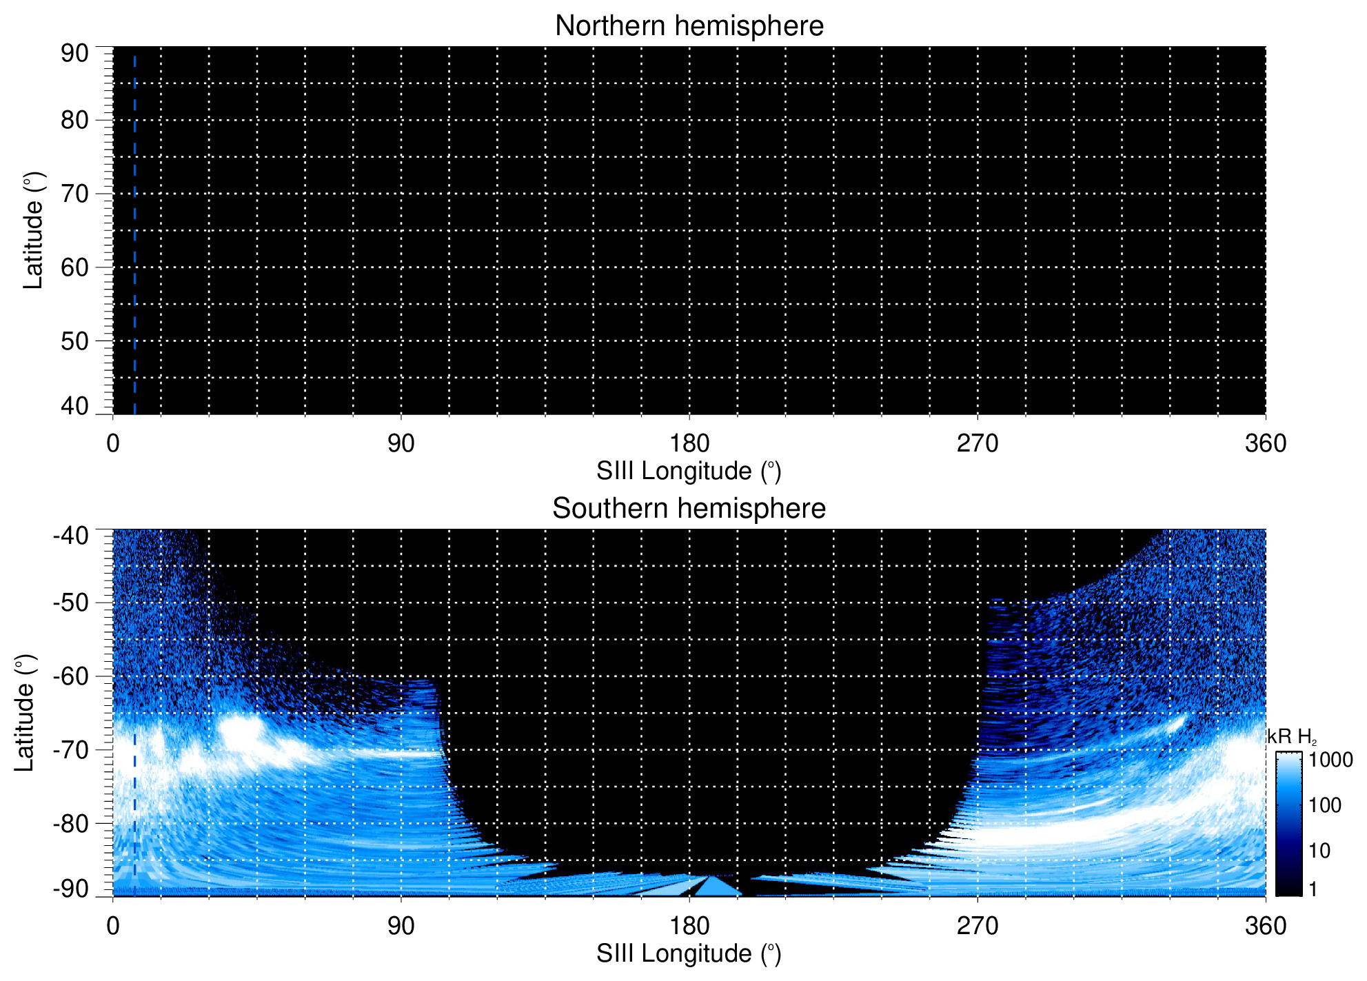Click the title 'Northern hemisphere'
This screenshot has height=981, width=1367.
click(x=689, y=26)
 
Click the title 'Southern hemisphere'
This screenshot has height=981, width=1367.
click(x=689, y=509)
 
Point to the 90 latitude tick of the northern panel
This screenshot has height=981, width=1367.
click(x=74, y=53)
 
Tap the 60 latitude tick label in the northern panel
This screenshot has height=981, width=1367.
click(x=74, y=267)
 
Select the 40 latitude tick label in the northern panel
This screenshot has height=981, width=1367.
click(x=74, y=406)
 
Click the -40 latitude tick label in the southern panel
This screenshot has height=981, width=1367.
click(x=70, y=536)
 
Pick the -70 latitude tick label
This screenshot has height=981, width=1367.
click(x=70, y=750)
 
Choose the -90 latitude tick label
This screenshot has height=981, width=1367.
click(x=70, y=889)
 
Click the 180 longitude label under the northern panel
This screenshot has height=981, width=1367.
click(x=689, y=443)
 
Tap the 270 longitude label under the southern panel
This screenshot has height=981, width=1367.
click(x=977, y=926)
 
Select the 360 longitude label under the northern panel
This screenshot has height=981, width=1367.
click(x=1265, y=443)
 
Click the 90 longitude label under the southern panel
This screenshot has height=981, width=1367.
click(x=401, y=926)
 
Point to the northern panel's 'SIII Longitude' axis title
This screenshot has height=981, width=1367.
click(x=689, y=472)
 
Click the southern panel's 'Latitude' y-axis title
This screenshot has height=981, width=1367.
click(x=25, y=713)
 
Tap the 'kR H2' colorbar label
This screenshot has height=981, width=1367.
click(x=1291, y=737)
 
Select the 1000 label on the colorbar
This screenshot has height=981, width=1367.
click(x=1330, y=760)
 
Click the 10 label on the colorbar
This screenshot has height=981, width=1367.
click(x=1319, y=851)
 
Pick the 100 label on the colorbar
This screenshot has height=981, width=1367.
click(x=1325, y=805)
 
